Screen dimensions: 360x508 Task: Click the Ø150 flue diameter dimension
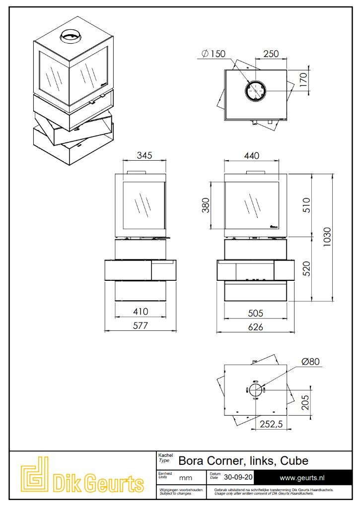pyautogui.click(x=213, y=54)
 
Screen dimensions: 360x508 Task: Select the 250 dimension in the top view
pyautogui.click(x=271, y=54)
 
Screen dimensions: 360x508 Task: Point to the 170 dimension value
pyautogui.click(x=303, y=80)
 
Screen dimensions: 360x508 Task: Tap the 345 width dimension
pyautogui.click(x=144, y=155)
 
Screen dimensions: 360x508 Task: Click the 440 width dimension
pyautogui.click(x=251, y=156)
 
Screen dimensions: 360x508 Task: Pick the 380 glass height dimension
pyautogui.click(x=206, y=205)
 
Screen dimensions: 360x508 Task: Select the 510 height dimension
pyautogui.click(x=306, y=205)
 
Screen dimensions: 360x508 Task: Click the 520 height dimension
pyautogui.click(x=306, y=268)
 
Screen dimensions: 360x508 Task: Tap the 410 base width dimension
pyautogui.click(x=141, y=312)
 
